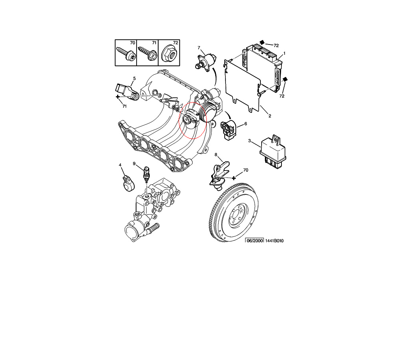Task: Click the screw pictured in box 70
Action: (126, 53)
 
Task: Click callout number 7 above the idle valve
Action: (199, 48)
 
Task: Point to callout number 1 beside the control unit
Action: (285, 53)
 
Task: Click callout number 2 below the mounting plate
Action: (270, 116)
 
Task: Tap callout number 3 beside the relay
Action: (249, 141)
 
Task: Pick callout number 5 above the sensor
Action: (135, 78)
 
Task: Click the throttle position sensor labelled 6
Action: (229, 130)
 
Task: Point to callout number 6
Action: (246, 124)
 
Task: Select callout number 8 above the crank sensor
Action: (216, 155)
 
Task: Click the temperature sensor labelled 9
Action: (146, 174)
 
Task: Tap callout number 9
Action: (134, 164)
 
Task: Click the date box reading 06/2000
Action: (255, 241)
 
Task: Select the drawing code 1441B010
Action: (274, 241)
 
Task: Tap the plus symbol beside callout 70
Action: (234, 178)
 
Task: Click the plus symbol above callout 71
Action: (118, 97)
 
